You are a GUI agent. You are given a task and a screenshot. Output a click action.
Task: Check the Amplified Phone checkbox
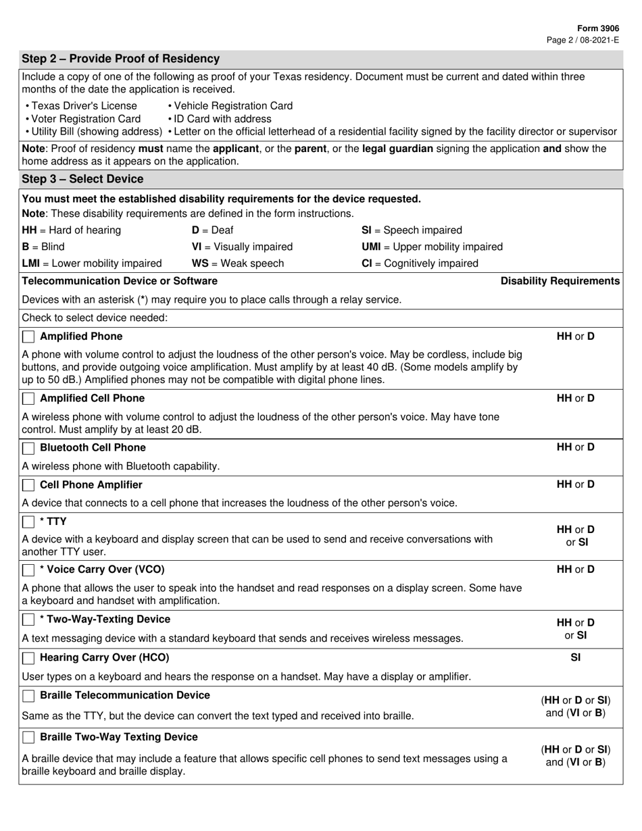coord(28,337)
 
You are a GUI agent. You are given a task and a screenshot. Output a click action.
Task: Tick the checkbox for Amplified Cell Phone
coord(28,399)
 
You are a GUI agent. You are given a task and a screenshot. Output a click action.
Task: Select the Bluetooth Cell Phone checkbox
coord(28,448)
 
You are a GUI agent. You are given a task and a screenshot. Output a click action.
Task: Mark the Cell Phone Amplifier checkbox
coord(28,485)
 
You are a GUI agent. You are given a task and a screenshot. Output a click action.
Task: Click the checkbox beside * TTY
coord(28,522)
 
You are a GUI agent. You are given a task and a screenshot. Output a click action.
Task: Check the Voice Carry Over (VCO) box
coord(28,570)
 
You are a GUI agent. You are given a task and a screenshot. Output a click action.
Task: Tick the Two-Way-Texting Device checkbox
coord(28,620)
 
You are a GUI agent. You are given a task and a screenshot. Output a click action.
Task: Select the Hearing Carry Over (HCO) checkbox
coord(28,658)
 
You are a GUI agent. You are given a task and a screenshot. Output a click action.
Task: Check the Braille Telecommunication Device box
coord(28,696)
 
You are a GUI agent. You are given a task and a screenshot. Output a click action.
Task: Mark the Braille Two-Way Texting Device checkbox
coord(28,737)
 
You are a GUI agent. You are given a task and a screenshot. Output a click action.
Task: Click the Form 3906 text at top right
coord(598,29)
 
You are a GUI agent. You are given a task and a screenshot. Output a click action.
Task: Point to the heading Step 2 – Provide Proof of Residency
coord(120,59)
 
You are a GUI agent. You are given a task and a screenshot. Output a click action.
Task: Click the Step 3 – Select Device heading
coord(82,179)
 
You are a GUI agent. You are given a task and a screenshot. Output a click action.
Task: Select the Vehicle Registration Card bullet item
coord(230,106)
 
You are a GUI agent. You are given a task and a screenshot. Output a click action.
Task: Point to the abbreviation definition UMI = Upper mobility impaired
coord(433,247)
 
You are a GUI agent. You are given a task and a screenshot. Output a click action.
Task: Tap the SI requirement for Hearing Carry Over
coord(576,657)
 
